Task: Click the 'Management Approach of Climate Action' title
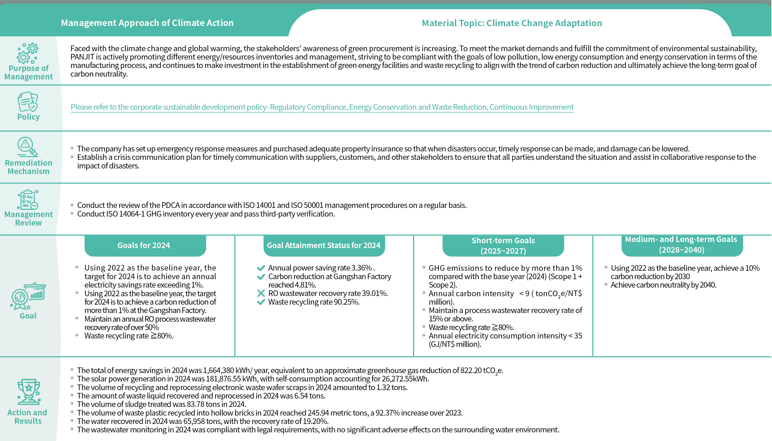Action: click(147, 23)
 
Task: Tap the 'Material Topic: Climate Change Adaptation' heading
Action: click(512, 23)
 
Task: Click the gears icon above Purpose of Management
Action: click(28, 53)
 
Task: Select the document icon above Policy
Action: click(27, 102)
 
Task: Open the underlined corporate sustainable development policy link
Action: click(322, 107)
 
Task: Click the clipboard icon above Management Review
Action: click(28, 200)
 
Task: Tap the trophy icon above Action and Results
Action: click(29, 392)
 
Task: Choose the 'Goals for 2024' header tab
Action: click(144, 245)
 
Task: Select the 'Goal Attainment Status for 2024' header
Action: click(324, 245)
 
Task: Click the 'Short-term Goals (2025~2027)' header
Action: click(503, 245)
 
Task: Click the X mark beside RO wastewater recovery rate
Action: click(261, 293)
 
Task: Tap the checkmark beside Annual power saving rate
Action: click(261, 268)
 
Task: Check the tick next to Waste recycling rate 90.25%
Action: click(261, 302)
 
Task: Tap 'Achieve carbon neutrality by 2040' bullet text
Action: click(663, 285)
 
